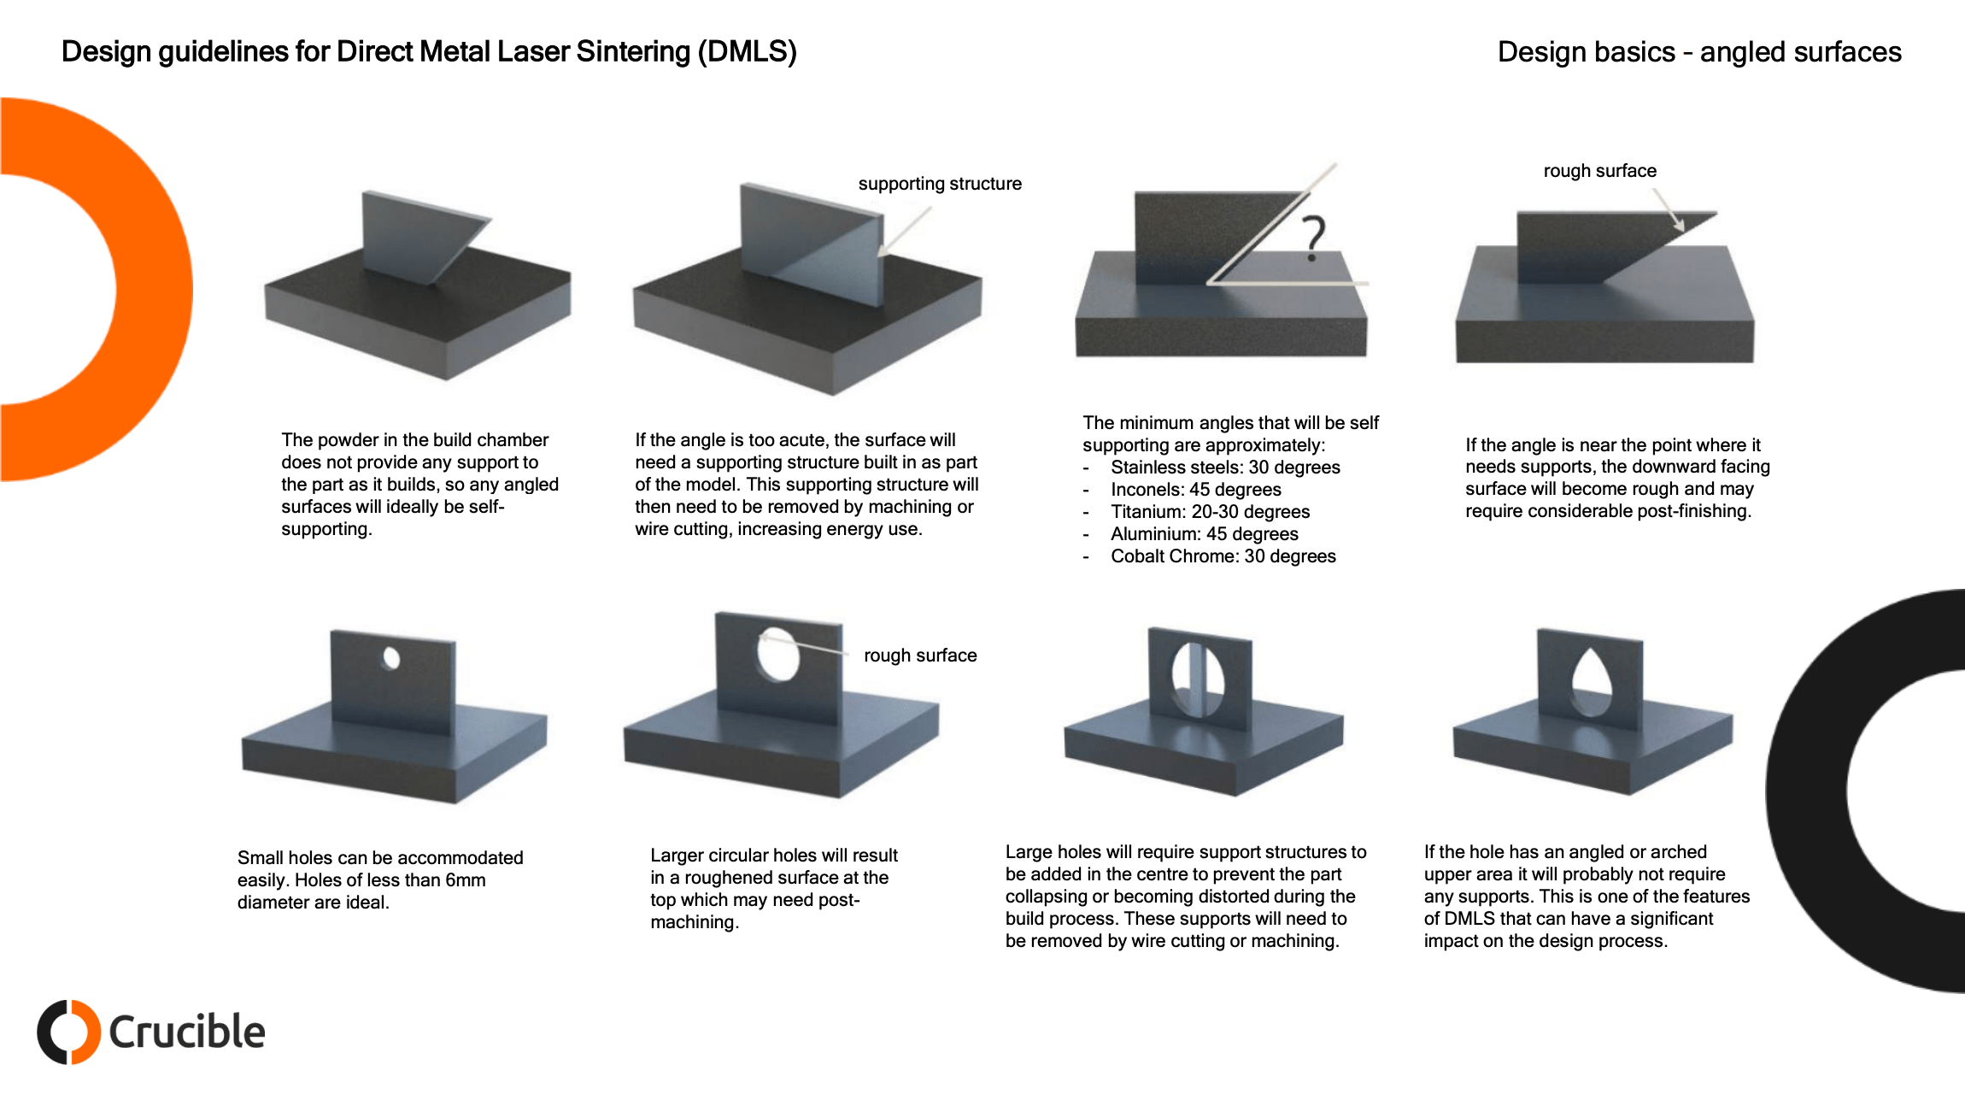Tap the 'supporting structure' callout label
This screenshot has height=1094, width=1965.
939,184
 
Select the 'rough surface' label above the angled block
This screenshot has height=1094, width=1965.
1599,171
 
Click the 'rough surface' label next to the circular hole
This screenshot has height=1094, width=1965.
919,656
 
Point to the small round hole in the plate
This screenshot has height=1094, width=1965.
391,658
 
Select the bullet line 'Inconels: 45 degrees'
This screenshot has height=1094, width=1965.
1195,490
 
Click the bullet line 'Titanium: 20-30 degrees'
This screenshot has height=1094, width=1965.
1210,512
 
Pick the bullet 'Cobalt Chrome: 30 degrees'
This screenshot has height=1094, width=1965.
1223,556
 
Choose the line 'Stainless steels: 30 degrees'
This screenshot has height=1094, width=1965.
1225,468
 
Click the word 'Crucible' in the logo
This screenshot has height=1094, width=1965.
186,1032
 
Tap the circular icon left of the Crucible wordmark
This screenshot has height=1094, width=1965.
68,1032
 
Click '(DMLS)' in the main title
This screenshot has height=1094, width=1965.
747,52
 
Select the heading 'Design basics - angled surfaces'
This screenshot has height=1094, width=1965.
1698,52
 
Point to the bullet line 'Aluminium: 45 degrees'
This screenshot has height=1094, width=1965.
1204,534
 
